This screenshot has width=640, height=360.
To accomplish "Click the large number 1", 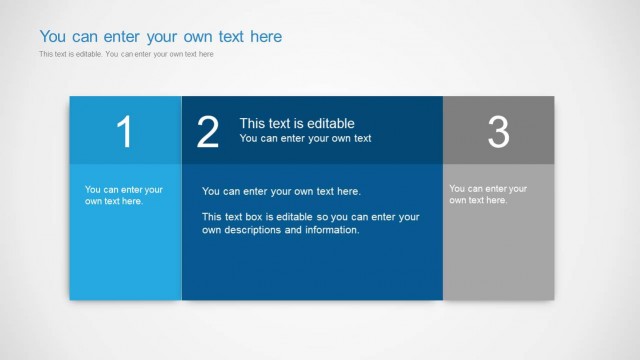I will [124, 132].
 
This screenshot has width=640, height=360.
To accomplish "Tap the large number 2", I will [207, 132].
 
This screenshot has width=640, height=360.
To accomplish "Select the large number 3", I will [498, 132].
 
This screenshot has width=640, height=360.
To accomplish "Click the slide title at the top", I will [161, 37].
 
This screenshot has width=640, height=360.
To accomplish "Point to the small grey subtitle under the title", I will [126, 54].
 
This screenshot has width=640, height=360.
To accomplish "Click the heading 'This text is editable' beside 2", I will [297, 123].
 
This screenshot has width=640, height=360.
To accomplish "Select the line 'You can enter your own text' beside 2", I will [305, 139].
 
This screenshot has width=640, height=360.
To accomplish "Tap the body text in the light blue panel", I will [124, 195].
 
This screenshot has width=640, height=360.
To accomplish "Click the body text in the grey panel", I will [488, 194].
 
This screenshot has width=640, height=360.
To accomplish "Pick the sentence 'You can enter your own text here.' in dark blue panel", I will [281, 191].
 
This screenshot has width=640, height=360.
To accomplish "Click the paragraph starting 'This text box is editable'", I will [310, 223].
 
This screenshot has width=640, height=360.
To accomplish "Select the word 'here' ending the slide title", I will [266, 37].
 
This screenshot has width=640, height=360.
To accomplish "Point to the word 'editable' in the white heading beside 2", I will [332, 123].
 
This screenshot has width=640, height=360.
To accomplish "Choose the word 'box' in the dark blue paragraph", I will [258, 216].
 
